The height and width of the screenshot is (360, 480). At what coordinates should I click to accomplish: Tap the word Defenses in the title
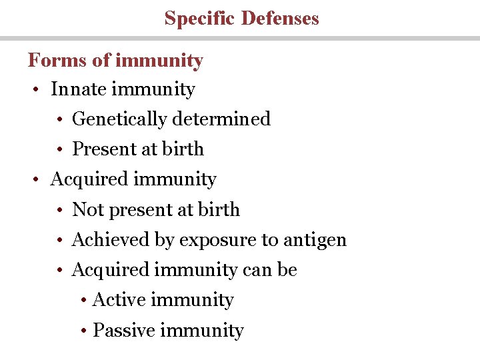tap(280, 18)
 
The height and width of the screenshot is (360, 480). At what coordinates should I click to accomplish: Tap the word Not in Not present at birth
tap(86, 210)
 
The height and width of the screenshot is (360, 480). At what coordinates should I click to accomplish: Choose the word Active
tap(121, 300)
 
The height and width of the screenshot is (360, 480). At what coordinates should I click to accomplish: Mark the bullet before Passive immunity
tap(83, 331)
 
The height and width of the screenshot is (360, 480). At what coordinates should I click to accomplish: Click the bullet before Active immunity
tap(83, 301)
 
